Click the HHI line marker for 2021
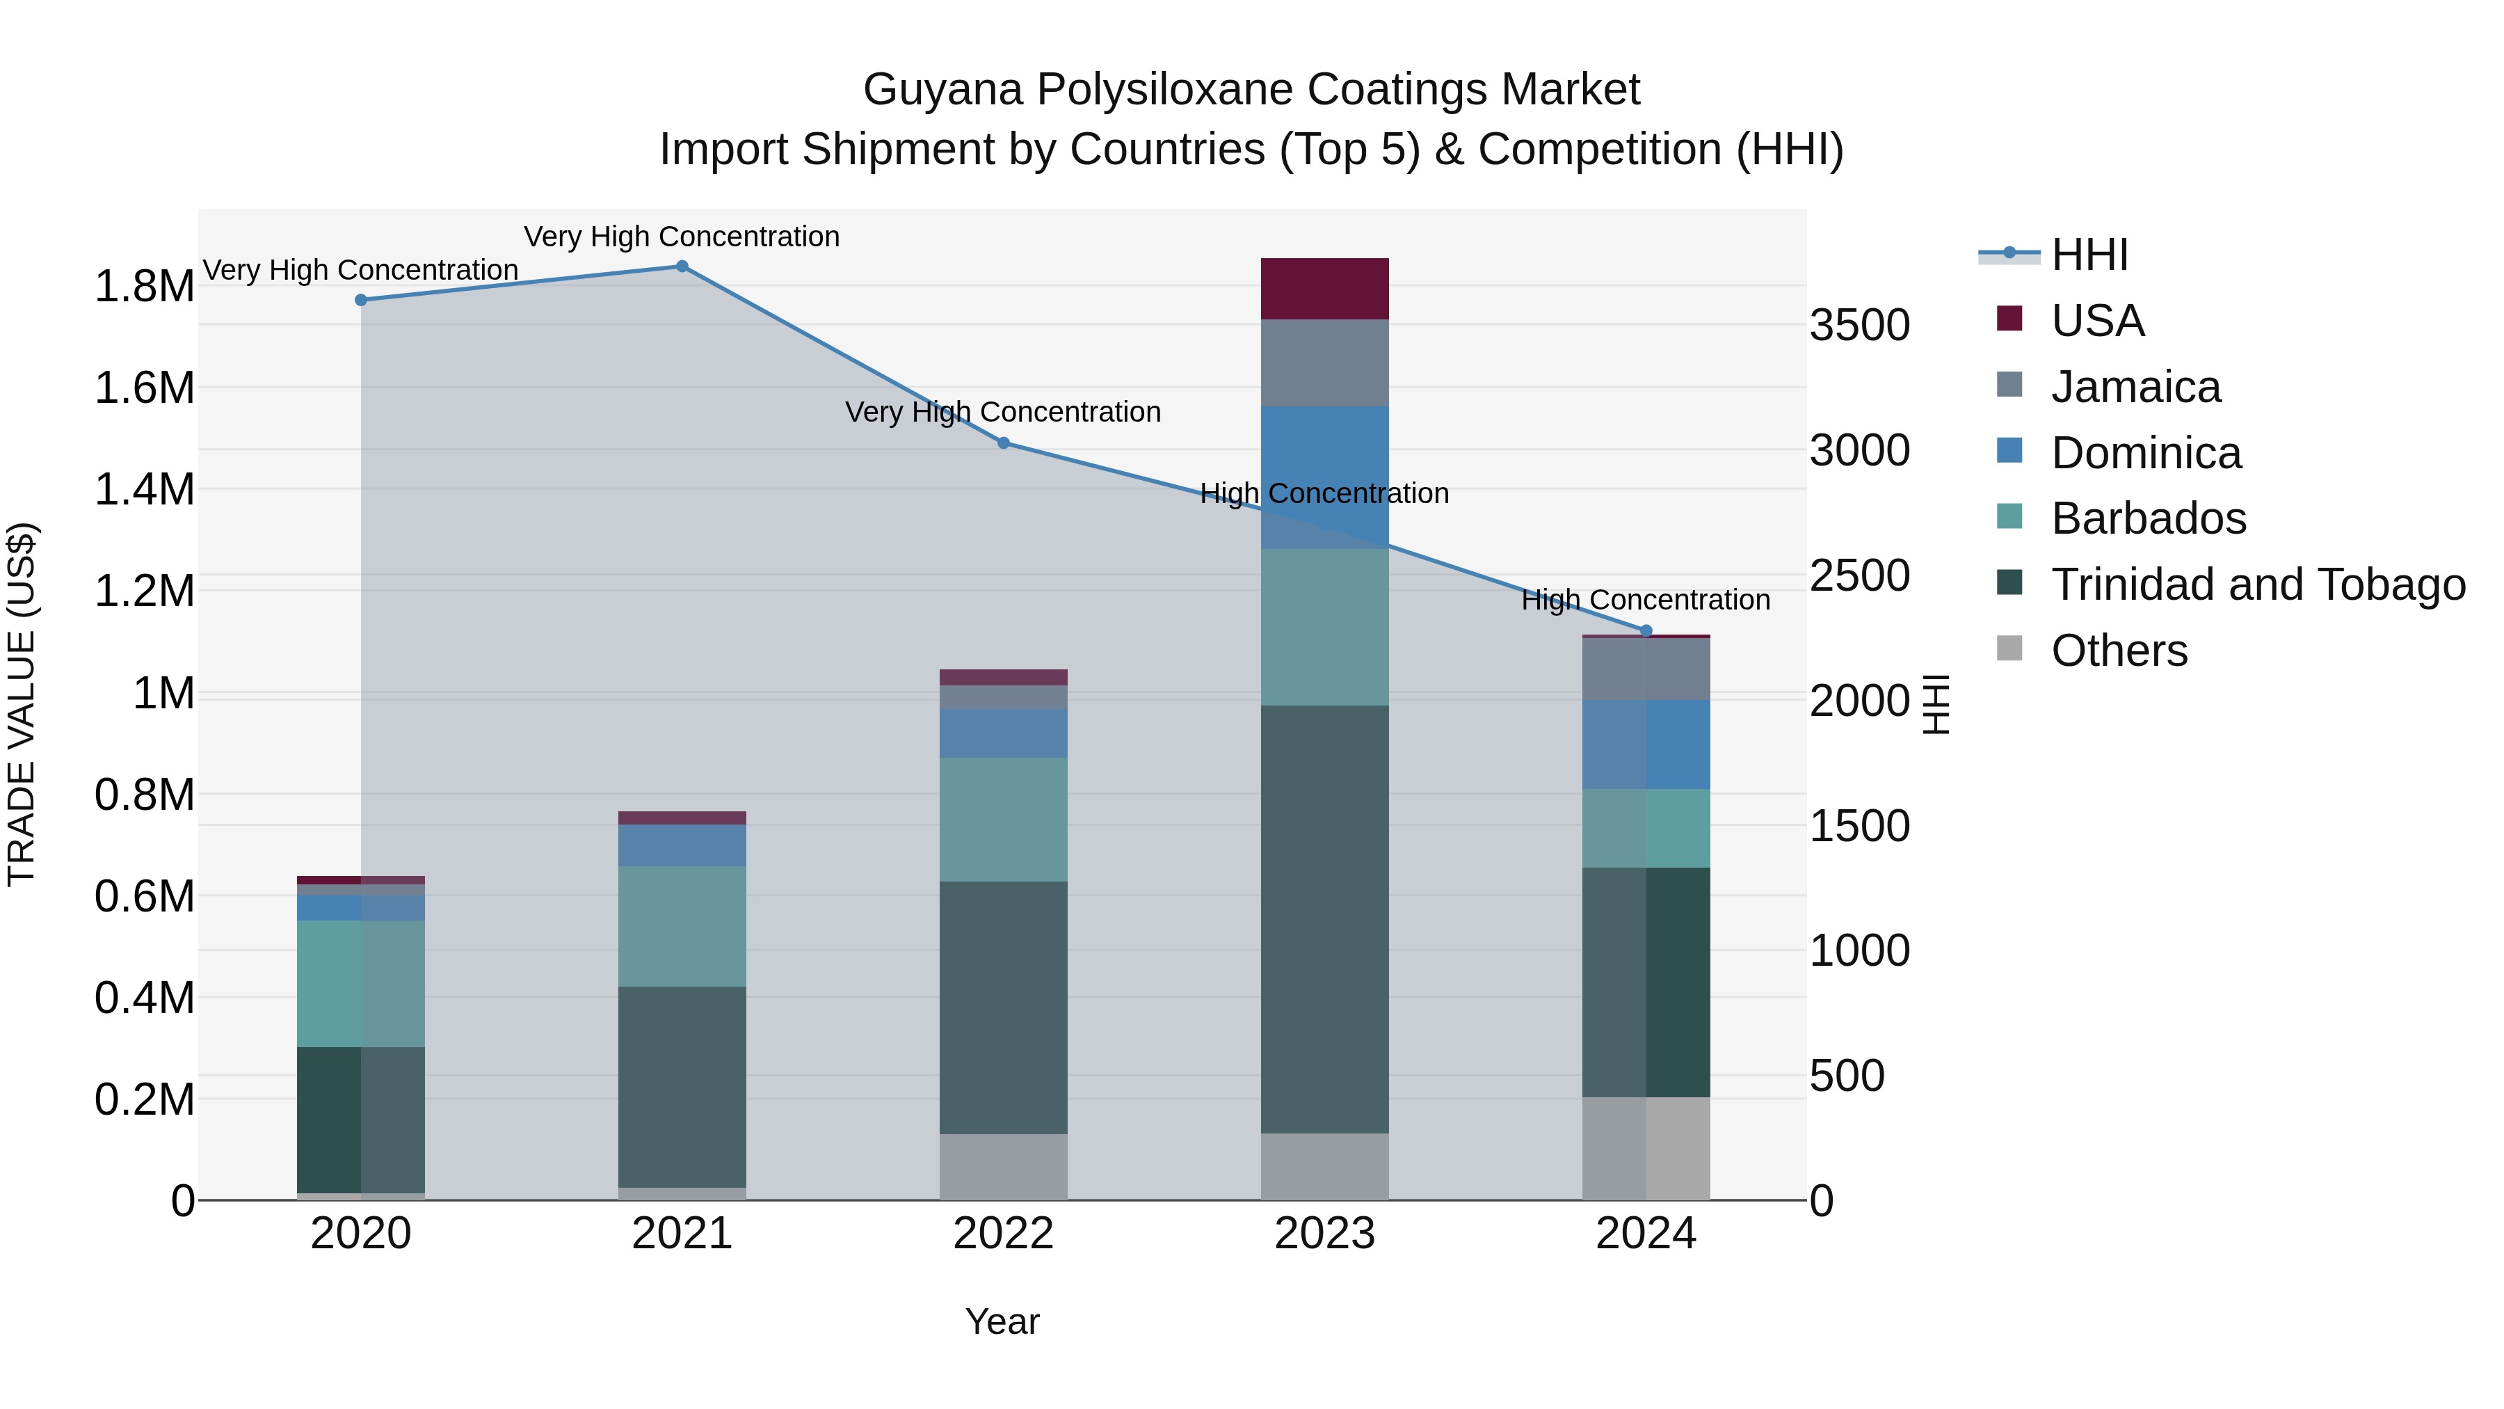coord(682,266)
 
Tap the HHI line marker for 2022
coord(1003,443)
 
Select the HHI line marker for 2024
coord(1646,631)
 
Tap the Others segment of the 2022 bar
coord(1003,1166)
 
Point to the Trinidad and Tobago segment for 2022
coord(1003,1008)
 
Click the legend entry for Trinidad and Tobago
coord(2258,584)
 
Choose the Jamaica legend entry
coord(2135,387)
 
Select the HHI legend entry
coord(2090,255)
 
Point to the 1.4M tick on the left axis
coord(144,489)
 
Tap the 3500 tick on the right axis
coord(1859,325)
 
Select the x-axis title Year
coord(1002,1321)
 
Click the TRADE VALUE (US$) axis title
coord(22,704)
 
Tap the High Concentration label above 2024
coord(1646,600)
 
